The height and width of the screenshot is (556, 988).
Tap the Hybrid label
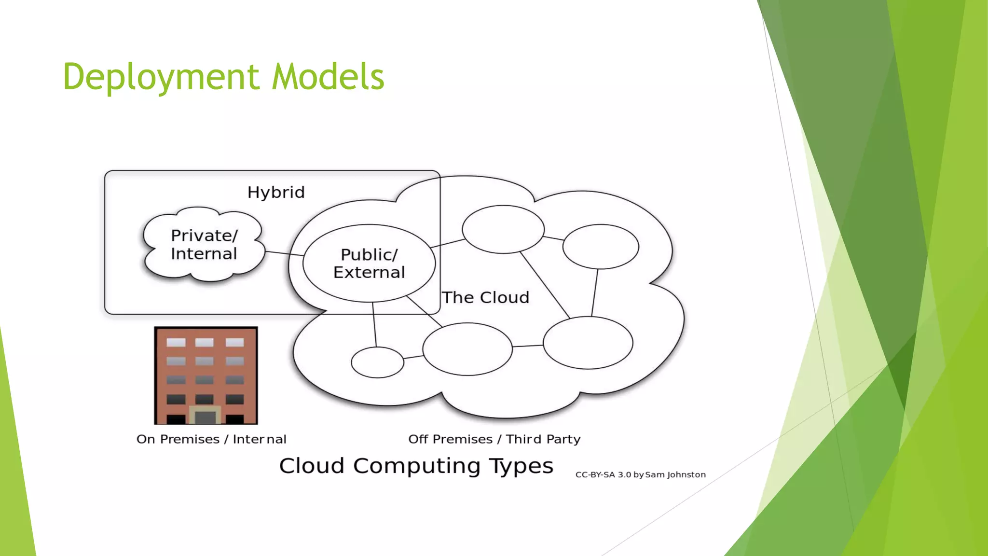[276, 193]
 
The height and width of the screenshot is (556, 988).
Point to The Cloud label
[486, 298]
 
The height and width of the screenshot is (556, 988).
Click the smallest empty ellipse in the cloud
[377, 362]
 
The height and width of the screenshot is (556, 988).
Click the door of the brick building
[205, 416]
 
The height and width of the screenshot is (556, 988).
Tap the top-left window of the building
[176, 342]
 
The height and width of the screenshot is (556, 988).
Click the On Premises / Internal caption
[211, 439]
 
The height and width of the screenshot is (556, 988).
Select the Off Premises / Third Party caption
[494, 439]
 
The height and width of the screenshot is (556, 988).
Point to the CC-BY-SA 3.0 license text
[603, 475]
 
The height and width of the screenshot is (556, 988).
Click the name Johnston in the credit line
[686, 475]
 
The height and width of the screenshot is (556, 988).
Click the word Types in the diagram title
[521, 466]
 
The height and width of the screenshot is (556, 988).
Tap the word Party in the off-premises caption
[563, 439]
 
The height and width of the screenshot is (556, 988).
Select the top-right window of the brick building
[234, 342]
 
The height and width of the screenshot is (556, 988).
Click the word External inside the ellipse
[369, 273]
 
